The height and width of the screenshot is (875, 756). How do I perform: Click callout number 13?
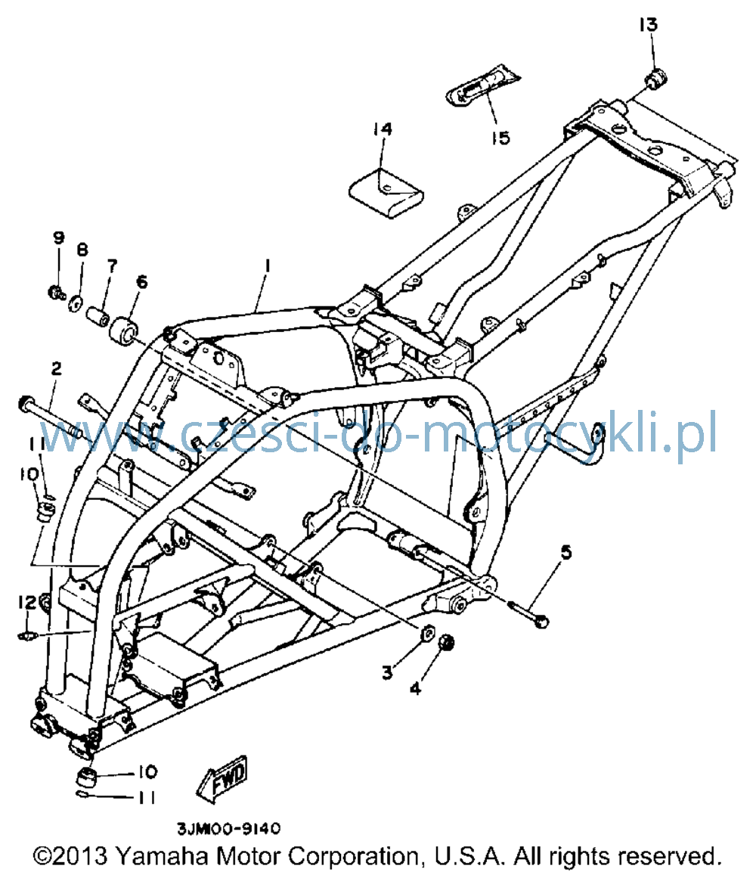(x=649, y=24)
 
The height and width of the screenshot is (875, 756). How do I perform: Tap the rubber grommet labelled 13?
(x=657, y=78)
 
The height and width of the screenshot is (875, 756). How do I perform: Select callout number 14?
(x=383, y=129)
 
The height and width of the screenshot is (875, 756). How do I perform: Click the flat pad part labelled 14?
(x=386, y=193)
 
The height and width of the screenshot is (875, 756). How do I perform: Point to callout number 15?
(x=501, y=138)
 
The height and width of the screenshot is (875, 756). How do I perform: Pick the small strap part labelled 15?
(x=482, y=85)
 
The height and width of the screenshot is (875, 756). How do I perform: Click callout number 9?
(x=58, y=237)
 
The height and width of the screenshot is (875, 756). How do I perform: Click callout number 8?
(x=82, y=250)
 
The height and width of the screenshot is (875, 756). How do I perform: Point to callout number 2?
(x=56, y=369)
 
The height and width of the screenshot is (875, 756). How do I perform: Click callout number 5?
(x=566, y=553)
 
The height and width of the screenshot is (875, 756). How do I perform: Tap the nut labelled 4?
(x=446, y=643)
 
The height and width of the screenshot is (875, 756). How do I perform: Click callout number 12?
(x=26, y=602)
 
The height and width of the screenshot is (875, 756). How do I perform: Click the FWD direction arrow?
(x=222, y=778)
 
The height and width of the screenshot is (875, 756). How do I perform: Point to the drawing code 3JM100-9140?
(x=229, y=829)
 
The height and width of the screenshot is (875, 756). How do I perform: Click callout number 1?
(x=267, y=265)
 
